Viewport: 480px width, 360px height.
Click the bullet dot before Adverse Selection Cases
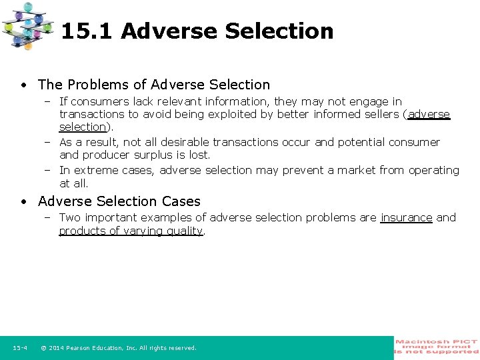(x=23, y=201)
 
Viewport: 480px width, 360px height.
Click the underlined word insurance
(x=406, y=217)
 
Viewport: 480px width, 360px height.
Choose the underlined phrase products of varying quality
(x=131, y=231)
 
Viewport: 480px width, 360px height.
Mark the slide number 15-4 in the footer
(x=19, y=348)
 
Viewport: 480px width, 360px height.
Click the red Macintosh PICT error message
(x=437, y=347)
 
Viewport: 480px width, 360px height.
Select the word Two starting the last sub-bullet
(x=69, y=217)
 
